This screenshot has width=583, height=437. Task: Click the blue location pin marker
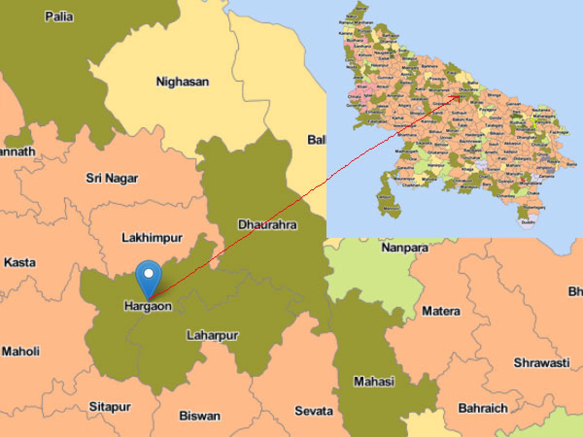(x=149, y=275)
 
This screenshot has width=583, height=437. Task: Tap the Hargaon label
(x=148, y=306)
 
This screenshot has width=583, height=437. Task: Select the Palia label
(x=59, y=17)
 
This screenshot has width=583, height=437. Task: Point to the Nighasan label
(x=182, y=82)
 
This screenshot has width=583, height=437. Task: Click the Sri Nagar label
(x=112, y=178)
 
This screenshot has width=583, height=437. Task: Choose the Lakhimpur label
(x=152, y=238)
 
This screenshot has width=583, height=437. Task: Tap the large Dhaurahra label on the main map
(x=267, y=225)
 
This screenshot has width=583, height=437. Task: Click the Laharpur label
(x=212, y=335)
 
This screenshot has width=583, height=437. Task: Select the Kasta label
(x=19, y=263)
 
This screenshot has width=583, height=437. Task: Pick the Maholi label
(x=21, y=351)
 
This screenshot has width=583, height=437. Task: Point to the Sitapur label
(x=109, y=407)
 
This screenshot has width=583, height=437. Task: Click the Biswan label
(x=200, y=416)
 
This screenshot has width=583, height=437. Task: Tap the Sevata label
(x=314, y=411)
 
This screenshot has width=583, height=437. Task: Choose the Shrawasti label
(x=542, y=363)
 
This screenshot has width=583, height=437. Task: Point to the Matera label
(x=441, y=311)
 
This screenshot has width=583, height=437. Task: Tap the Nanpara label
(x=405, y=248)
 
